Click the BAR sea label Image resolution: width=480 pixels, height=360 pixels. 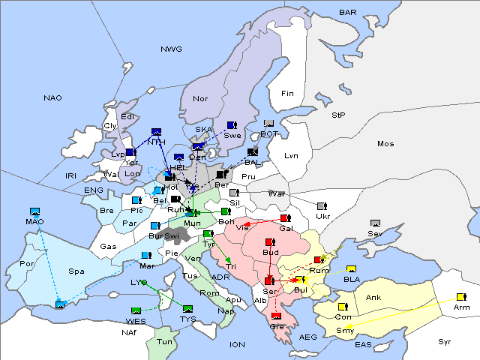(348, 13)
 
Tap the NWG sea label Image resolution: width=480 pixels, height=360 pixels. (171, 49)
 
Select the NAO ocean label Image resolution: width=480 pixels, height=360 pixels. (52, 98)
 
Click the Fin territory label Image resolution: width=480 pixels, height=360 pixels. (287, 94)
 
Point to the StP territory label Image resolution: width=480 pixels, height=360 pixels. (338, 115)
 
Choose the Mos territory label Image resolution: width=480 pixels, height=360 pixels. (385, 143)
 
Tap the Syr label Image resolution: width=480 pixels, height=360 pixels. (445, 341)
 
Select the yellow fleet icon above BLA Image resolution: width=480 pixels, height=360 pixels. (351, 269)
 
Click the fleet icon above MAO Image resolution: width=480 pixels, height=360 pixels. (34, 212)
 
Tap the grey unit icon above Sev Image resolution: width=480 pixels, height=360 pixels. (375, 223)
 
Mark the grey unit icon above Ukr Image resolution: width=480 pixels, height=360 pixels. (322, 206)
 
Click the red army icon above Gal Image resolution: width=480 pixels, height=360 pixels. (284, 218)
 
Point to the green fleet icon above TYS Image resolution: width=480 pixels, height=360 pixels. (187, 308)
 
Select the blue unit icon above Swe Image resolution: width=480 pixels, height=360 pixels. (232, 125)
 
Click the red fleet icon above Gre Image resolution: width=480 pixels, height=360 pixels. (276, 316)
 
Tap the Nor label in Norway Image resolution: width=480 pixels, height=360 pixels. (200, 99)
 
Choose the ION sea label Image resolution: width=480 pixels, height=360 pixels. (237, 344)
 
